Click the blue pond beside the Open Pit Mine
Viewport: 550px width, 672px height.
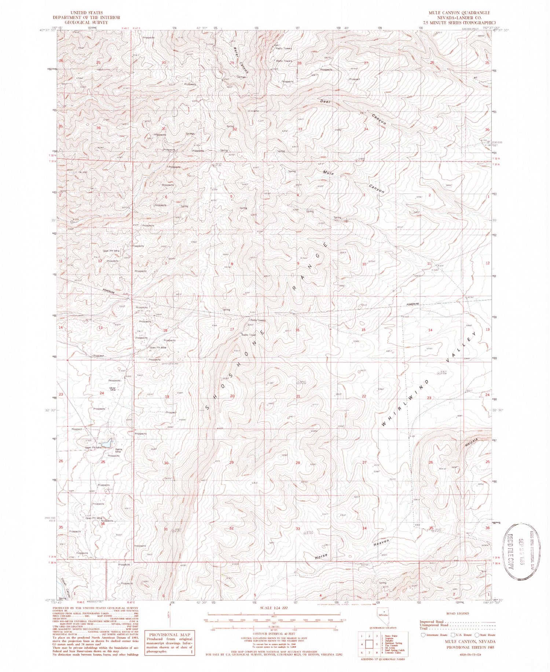point(107,443)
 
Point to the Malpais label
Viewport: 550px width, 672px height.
point(469,441)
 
